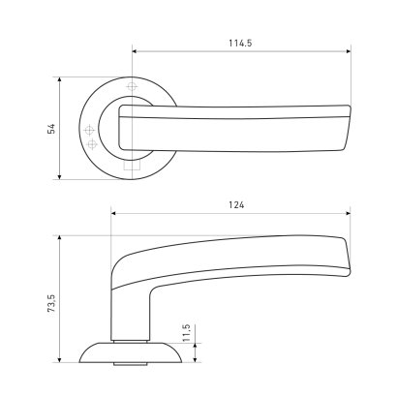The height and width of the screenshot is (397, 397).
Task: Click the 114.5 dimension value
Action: [x=240, y=43]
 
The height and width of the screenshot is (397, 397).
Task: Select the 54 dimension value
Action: [x=51, y=128]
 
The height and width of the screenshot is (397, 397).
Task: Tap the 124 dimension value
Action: [x=236, y=205]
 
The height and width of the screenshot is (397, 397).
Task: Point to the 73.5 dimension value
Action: [x=52, y=303]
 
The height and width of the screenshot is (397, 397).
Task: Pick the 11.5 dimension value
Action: [x=187, y=333]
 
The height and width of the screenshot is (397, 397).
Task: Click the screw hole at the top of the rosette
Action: [x=132, y=86]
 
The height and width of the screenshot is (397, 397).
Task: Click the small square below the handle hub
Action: [x=133, y=166]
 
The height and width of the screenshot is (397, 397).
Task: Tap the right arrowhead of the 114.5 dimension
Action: [x=348, y=51]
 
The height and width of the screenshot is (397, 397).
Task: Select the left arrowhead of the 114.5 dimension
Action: [x=135, y=51]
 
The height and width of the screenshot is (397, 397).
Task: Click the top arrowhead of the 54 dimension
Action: [x=59, y=80]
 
